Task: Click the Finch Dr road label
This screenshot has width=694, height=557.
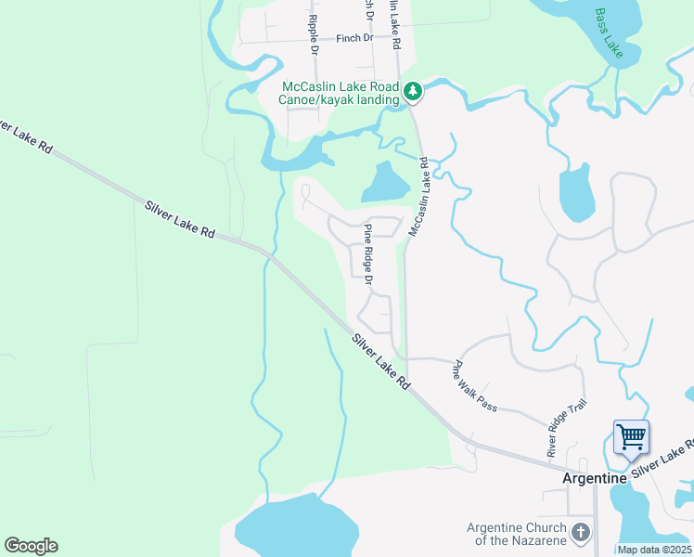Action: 353,39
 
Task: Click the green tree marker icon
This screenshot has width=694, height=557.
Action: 413,91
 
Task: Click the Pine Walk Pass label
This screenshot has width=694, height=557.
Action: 474,385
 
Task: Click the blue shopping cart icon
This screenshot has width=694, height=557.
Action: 631,435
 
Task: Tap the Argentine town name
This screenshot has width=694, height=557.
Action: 594,477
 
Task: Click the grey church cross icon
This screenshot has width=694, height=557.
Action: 581,533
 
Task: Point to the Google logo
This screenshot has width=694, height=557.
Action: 31,545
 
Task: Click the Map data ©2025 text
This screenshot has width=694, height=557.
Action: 654,550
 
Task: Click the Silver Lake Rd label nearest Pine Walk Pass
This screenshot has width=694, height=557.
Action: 380,360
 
